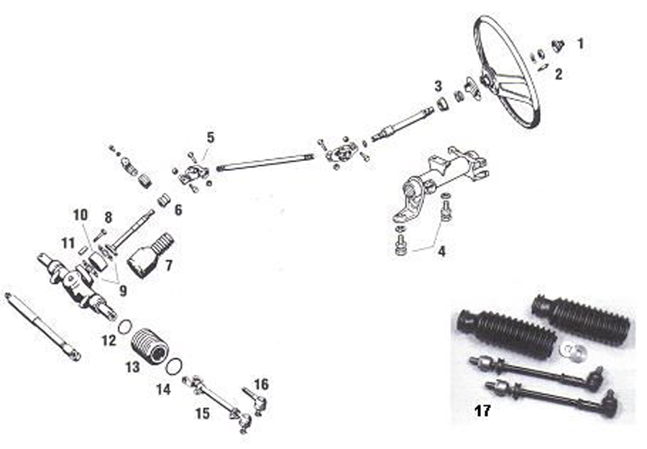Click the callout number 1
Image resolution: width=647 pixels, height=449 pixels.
580,45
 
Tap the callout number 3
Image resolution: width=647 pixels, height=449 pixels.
438,87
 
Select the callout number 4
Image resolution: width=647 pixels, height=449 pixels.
441,252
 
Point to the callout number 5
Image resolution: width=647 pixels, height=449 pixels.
210,137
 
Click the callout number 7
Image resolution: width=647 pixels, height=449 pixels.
168,266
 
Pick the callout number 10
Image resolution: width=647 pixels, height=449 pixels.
80,214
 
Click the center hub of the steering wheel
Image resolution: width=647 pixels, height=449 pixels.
488,79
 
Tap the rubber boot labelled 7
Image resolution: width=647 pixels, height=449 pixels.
149,255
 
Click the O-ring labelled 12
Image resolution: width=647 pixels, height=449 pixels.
124,327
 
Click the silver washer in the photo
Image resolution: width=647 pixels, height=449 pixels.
572,352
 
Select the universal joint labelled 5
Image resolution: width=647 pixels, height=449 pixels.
193,172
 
